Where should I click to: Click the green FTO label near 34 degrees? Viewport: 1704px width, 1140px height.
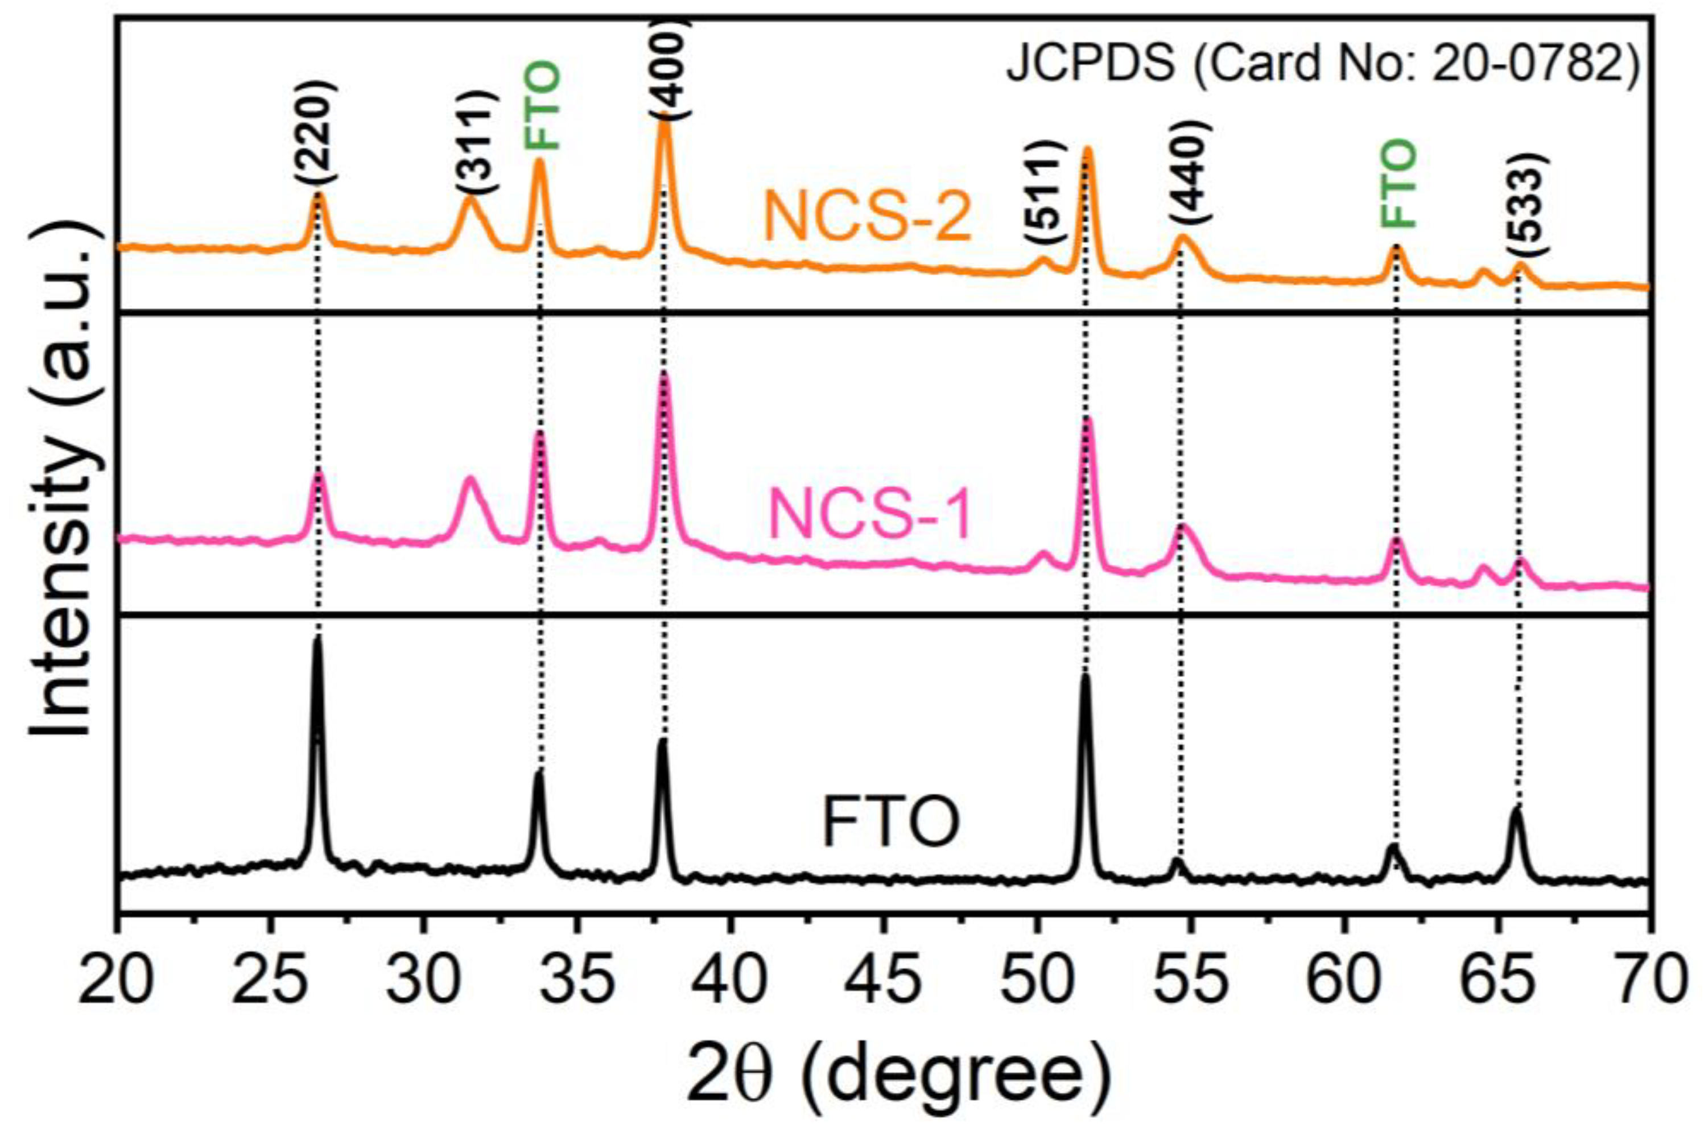[543, 105]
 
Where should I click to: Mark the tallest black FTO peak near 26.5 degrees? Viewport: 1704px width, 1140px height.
[316, 640]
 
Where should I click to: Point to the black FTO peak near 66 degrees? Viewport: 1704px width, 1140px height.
[1516, 808]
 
